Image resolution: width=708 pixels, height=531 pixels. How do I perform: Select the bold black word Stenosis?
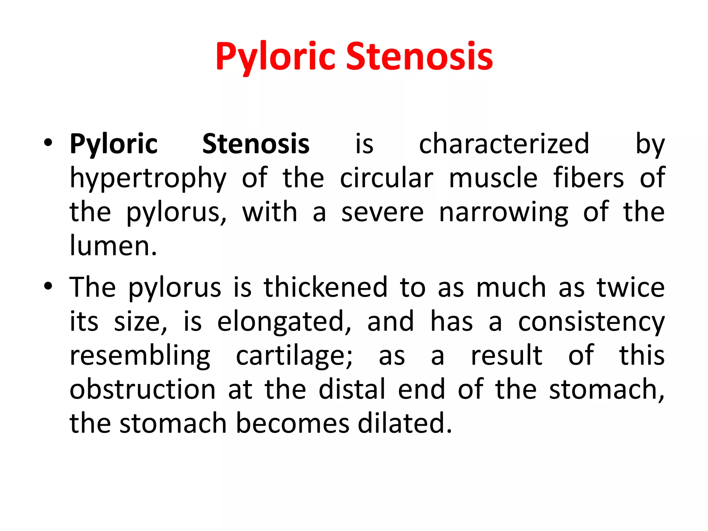point(256,144)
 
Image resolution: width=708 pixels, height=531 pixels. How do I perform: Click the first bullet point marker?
point(48,142)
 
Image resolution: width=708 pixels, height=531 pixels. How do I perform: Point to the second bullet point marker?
point(48,286)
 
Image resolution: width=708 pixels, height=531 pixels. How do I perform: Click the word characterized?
point(504,144)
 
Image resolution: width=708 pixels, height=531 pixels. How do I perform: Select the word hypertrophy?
point(148,178)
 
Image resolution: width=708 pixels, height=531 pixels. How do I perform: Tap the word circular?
point(386,178)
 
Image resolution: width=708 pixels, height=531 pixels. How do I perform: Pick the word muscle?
point(493,178)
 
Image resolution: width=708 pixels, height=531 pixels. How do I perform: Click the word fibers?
point(589,178)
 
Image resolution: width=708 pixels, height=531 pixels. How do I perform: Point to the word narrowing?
point(503,212)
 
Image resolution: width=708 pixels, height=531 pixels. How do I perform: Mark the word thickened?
point(326,287)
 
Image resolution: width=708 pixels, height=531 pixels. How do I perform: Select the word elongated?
point(284,322)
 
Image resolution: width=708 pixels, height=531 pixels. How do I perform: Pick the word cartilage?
point(294,356)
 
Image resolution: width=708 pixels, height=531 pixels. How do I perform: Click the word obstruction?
point(143,389)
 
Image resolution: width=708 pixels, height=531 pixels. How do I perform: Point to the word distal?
point(352,389)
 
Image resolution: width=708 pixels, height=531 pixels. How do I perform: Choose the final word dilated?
point(405,423)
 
